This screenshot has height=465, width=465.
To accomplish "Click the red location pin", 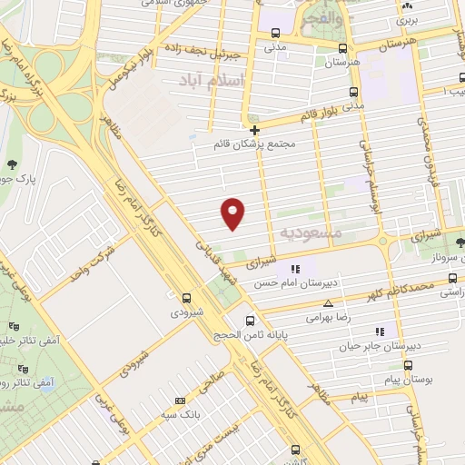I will click(233, 213).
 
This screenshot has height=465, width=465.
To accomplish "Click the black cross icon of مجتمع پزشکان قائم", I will click(254, 129).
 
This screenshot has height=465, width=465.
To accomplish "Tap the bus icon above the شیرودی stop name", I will click(186, 297).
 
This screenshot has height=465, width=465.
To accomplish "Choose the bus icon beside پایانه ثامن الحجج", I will click(252, 320).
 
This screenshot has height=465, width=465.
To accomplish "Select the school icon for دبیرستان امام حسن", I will click(293, 269).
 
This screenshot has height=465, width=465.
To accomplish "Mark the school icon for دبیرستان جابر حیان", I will click(380, 331).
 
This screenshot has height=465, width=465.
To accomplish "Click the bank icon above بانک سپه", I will click(179, 400).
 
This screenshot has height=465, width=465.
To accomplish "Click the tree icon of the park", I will click(11, 164).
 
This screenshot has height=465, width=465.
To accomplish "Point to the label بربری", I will click(410, 18).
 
